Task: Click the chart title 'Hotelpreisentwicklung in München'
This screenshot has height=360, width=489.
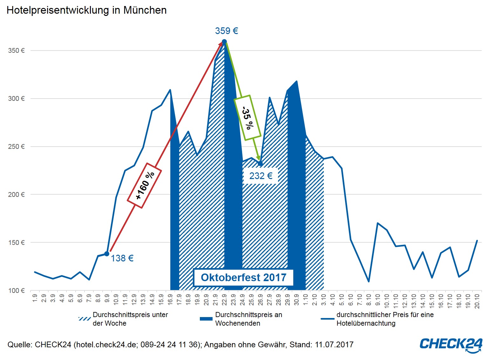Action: point(86,10)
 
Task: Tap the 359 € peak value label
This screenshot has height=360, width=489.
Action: point(226,31)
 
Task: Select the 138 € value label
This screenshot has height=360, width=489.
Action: point(122,258)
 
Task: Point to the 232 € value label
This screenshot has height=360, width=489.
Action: point(261,176)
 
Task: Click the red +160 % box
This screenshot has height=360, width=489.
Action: point(145,185)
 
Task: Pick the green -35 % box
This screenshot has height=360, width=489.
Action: point(248,118)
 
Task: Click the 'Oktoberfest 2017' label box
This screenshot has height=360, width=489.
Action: point(243,277)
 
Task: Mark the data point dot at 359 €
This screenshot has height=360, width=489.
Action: point(224,42)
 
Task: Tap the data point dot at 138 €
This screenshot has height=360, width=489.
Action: point(107,254)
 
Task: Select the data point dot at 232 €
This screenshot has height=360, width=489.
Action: point(260,163)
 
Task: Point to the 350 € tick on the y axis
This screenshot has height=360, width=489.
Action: point(16,51)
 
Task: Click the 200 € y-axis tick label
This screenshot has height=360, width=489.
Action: point(16,195)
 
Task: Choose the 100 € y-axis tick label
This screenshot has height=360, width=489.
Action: point(16,291)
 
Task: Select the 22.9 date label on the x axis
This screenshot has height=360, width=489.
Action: point(224,299)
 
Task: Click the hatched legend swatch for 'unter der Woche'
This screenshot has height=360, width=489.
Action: point(85,319)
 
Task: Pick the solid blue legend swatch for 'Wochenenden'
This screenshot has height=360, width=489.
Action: point(206,319)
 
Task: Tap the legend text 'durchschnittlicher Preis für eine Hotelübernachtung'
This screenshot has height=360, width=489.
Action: point(384,319)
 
